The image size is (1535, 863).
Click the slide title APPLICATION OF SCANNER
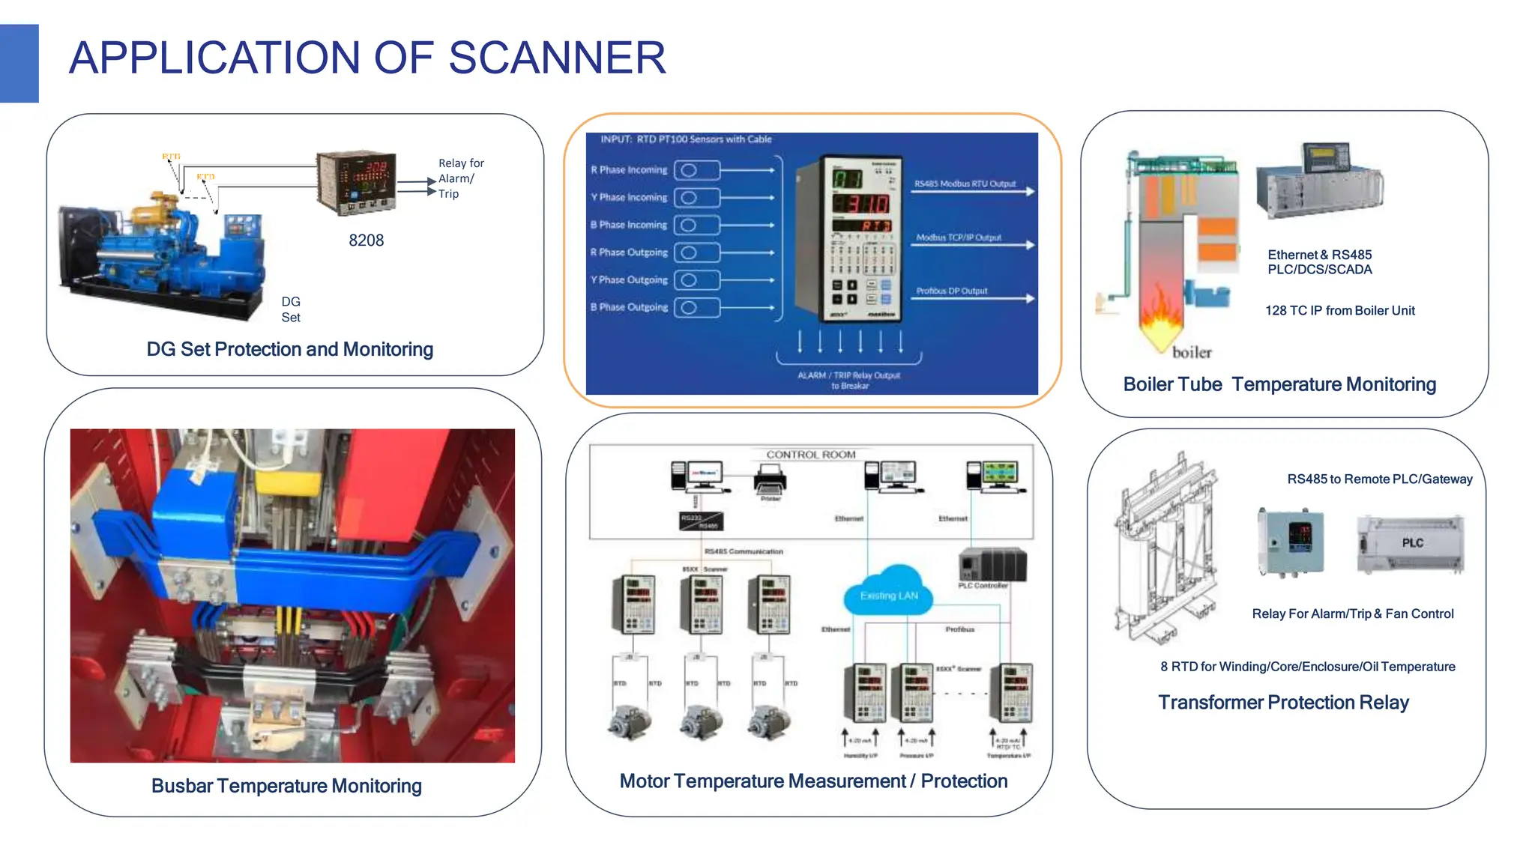coord(367,58)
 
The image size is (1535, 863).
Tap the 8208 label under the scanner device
coord(366,240)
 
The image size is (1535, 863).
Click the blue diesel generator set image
coord(161,255)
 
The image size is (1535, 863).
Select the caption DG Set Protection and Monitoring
coord(289,349)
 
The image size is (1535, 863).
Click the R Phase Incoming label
coord(629,170)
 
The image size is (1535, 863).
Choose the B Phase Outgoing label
coord(629,307)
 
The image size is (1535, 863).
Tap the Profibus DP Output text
coord(952,291)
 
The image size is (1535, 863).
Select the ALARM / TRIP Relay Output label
coord(848,376)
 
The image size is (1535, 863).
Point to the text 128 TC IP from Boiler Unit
coord(1339,311)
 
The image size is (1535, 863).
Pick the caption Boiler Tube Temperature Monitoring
coord(1279,384)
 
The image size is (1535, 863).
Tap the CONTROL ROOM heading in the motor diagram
coord(810,455)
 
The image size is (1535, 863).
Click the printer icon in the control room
coord(770,479)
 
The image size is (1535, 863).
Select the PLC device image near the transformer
coord(1411,545)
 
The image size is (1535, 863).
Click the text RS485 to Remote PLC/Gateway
coord(1379,479)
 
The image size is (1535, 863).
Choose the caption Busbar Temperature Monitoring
coord(286,786)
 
